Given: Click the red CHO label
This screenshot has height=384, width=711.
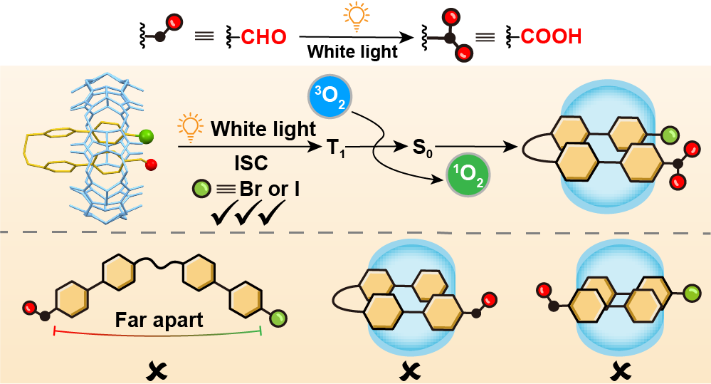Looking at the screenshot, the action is click(x=263, y=37).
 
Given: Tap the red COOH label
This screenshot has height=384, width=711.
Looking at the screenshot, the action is click(x=551, y=36).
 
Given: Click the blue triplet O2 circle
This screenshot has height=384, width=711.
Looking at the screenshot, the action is click(x=330, y=97).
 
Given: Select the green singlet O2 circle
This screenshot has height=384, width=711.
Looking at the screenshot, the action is click(x=468, y=175).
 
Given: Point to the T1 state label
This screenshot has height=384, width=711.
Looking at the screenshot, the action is click(x=336, y=148).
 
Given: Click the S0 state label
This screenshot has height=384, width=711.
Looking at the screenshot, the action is click(x=422, y=147).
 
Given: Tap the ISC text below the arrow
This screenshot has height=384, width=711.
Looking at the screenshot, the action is click(x=251, y=163).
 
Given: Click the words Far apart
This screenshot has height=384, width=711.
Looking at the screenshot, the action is click(x=159, y=320).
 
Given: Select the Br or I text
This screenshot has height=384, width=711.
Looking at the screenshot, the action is click(x=270, y=189).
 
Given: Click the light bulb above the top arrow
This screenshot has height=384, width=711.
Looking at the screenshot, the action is click(x=357, y=16).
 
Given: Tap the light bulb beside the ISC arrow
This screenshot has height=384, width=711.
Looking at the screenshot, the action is click(x=190, y=129).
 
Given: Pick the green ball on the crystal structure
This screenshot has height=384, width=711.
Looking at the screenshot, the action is click(x=146, y=135).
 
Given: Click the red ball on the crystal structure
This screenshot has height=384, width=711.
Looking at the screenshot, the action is click(x=152, y=165).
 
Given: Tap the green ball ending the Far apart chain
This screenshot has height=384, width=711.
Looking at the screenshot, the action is click(x=278, y=319).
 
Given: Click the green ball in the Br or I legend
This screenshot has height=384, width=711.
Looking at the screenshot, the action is click(x=202, y=189).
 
